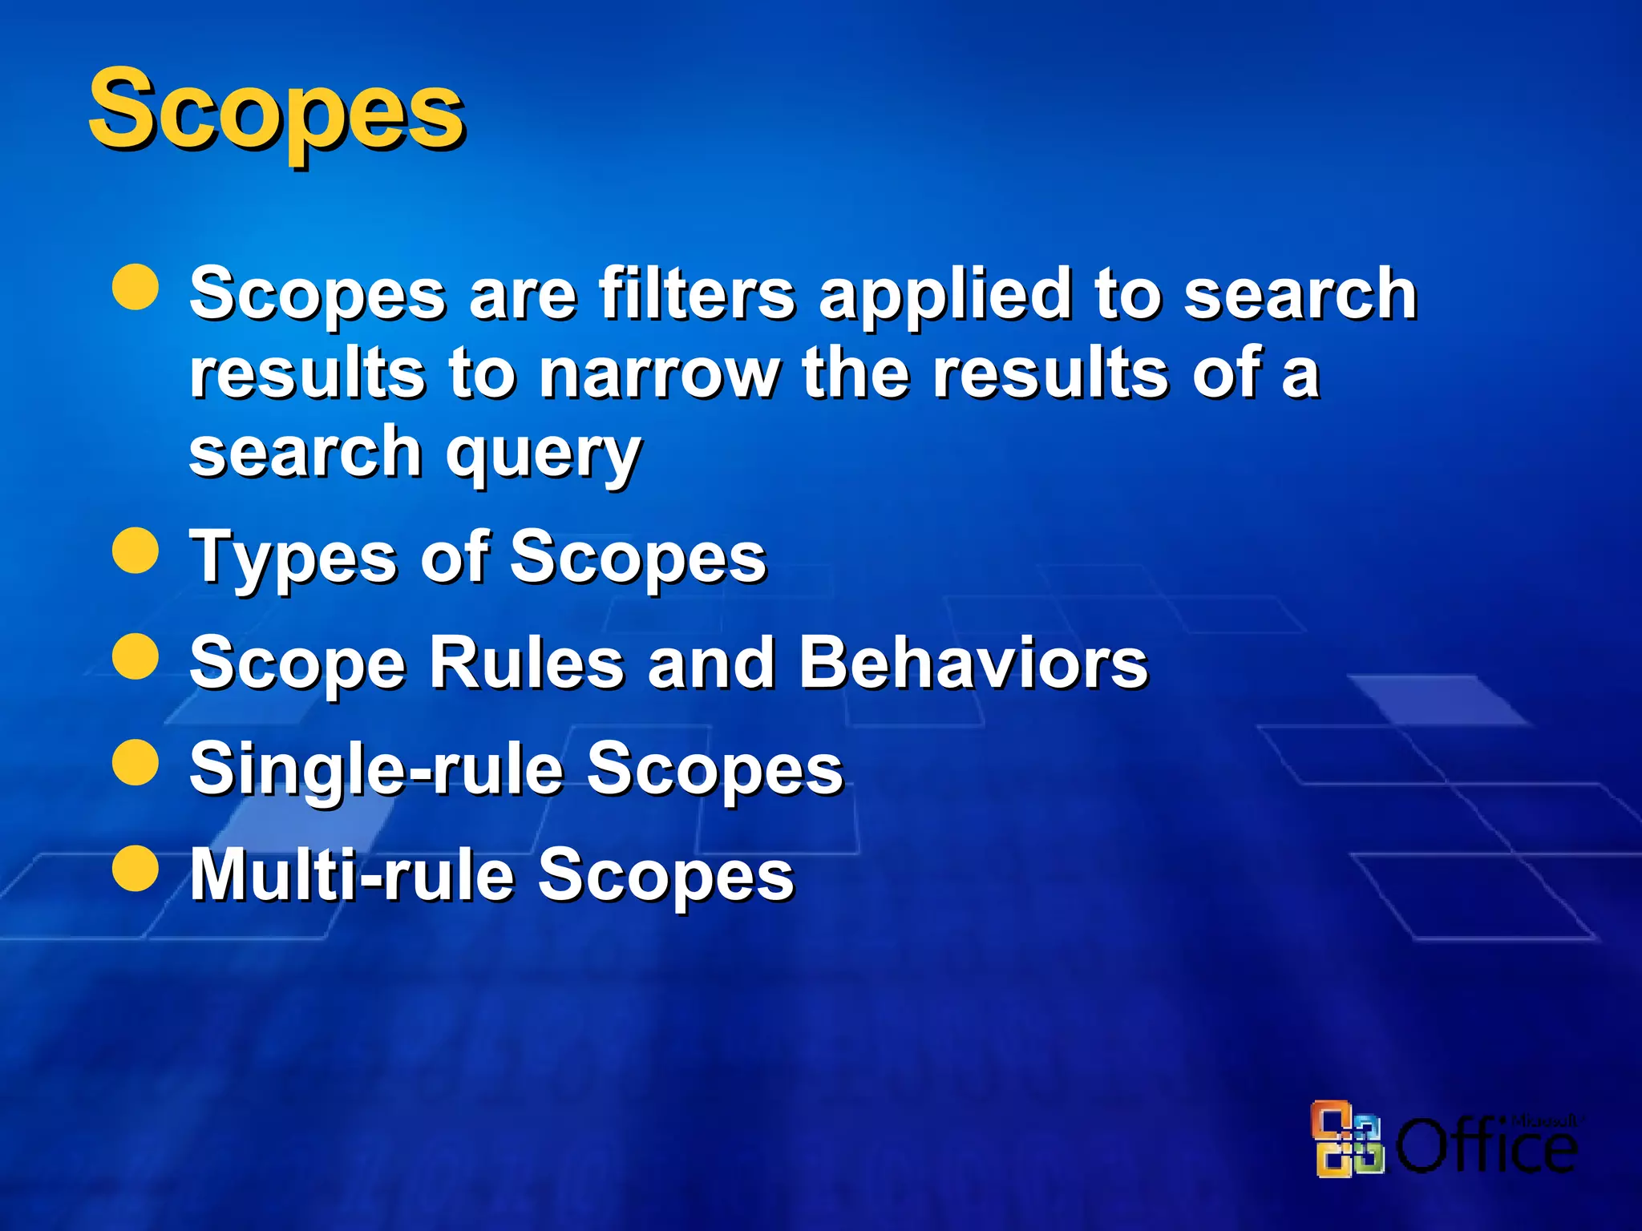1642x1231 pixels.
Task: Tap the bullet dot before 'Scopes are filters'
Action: point(135,287)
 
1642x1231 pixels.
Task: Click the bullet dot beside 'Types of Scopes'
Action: point(135,551)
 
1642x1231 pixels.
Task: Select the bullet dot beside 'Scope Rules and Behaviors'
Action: point(135,656)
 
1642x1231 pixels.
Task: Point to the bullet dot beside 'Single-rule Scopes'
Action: point(135,762)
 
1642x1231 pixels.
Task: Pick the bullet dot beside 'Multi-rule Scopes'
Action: point(135,868)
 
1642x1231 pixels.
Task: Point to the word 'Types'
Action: point(293,559)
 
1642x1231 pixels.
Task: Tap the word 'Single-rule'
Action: point(377,769)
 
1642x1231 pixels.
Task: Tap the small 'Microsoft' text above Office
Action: point(1544,1120)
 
